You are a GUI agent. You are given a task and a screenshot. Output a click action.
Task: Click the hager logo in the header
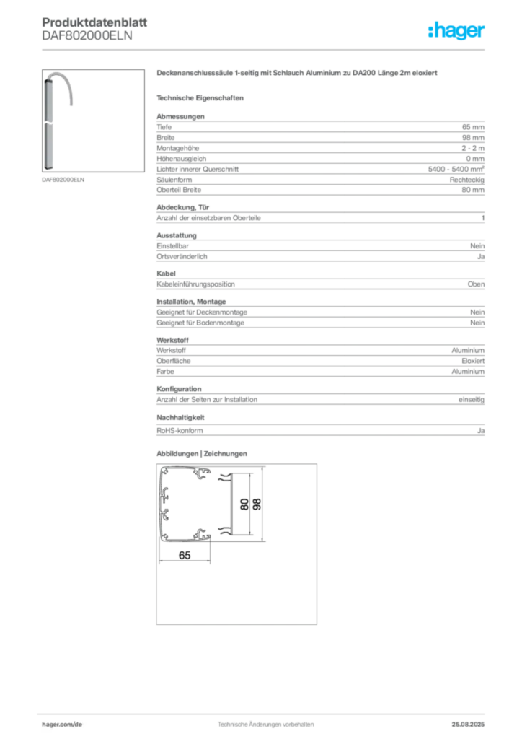[456, 30]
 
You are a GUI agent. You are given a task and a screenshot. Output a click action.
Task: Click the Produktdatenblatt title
[94, 22]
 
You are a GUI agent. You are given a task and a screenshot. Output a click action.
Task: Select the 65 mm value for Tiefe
[473, 127]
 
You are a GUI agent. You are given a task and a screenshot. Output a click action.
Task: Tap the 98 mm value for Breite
[473, 138]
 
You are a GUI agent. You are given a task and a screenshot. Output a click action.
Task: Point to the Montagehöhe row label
[178, 148]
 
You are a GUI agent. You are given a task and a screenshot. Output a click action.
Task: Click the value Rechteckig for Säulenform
[467, 180]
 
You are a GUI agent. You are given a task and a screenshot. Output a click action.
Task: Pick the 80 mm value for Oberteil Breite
[473, 190]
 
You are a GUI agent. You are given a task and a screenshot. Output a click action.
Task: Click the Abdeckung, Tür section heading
[182, 207]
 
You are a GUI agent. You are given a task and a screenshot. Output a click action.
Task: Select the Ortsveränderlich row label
[182, 256]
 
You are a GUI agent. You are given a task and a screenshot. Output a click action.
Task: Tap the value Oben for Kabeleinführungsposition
[477, 284]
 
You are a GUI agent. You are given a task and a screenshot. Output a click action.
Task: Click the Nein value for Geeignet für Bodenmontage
[477, 323]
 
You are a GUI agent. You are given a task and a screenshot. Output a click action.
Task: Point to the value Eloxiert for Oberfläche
[473, 361]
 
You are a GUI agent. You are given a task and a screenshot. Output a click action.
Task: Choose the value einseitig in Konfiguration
[472, 400]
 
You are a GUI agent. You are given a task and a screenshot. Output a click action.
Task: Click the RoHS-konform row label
[180, 431]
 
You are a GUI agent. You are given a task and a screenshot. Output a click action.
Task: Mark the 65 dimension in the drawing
[185, 555]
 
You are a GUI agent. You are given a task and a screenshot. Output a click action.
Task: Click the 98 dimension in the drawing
[257, 504]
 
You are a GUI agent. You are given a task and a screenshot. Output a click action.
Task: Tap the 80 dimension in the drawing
[244, 504]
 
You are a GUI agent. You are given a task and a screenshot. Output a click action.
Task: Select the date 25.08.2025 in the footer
[468, 725]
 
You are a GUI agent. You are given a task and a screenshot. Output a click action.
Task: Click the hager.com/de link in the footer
[62, 725]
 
